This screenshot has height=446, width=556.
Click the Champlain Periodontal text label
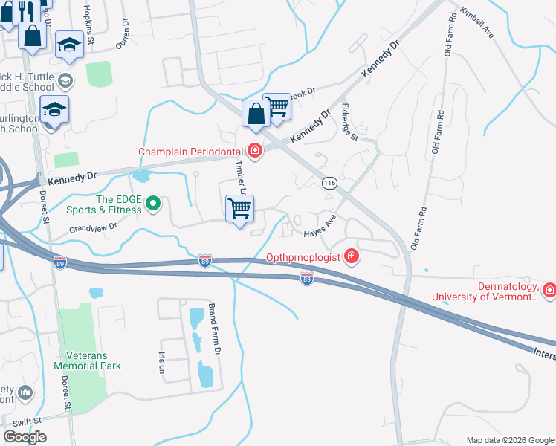click(x=193, y=152)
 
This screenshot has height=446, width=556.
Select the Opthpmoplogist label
click(x=303, y=258)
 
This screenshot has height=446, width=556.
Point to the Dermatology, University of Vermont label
click(x=485, y=291)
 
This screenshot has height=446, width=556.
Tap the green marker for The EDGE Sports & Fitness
click(x=153, y=203)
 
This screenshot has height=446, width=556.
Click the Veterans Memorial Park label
click(x=87, y=361)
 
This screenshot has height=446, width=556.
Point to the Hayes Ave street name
click(x=320, y=227)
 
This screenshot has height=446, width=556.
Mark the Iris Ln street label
click(x=161, y=363)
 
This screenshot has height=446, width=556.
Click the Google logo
click(x=25, y=437)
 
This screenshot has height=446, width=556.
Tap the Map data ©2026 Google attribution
click(x=509, y=440)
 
